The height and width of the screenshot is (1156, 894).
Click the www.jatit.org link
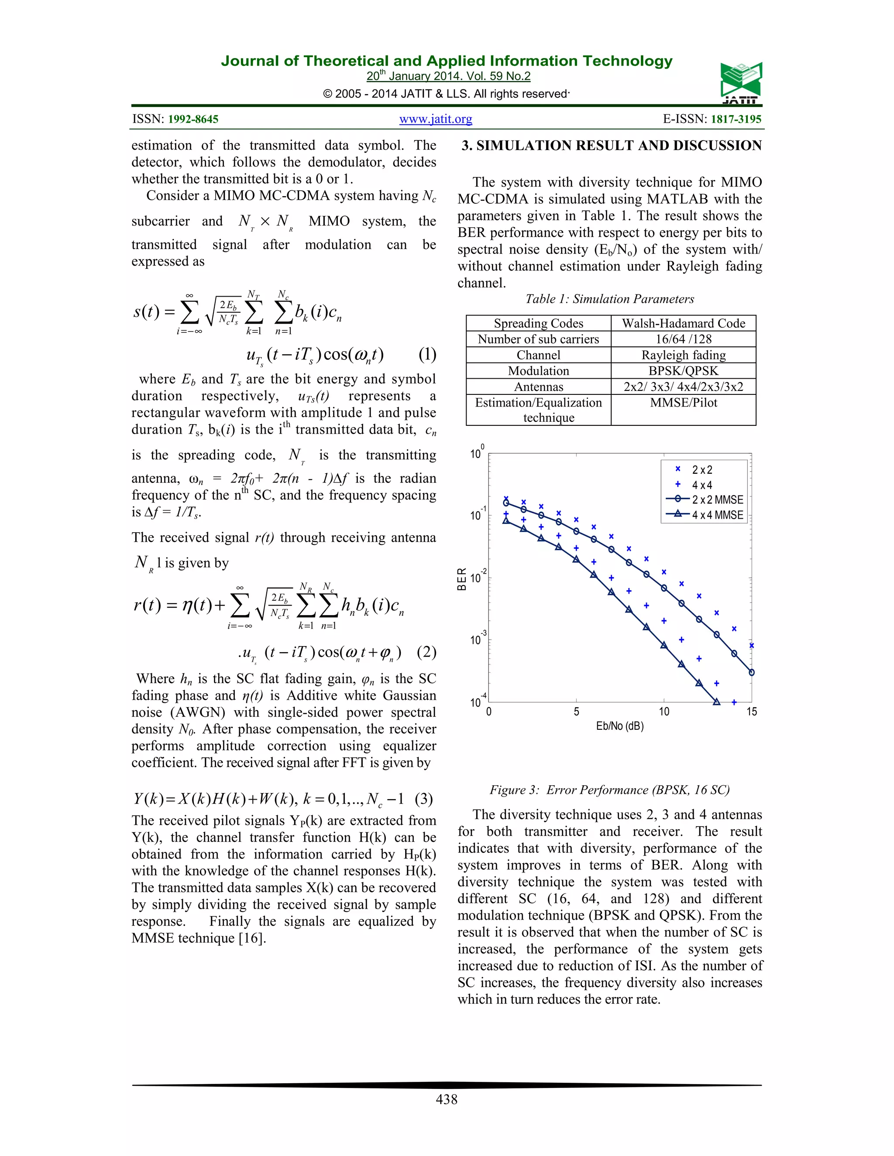pyautogui.click(x=435, y=119)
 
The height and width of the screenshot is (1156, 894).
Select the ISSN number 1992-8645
pyautogui.click(x=193, y=119)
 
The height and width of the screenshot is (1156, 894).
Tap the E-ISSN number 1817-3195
pyautogui.click(x=736, y=119)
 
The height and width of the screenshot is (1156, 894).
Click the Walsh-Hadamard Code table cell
pyautogui.click(x=683, y=323)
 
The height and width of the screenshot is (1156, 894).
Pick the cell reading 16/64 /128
pyautogui.click(x=683, y=339)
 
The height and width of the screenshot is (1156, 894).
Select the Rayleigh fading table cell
pyautogui.click(x=683, y=355)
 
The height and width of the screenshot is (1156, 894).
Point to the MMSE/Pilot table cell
pyautogui.click(x=683, y=403)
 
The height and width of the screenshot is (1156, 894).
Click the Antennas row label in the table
pyautogui.click(x=539, y=387)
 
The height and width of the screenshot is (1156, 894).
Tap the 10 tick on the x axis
pyautogui.click(x=664, y=712)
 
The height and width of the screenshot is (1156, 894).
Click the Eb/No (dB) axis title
pyautogui.click(x=620, y=726)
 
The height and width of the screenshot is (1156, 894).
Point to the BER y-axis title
pyautogui.click(x=462, y=579)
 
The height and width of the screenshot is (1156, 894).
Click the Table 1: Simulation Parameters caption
pyautogui.click(x=609, y=299)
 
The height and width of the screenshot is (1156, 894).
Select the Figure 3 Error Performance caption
pyautogui.click(x=609, y=790)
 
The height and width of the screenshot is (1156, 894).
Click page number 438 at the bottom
pyautogui.click(x=447, y=1099)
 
